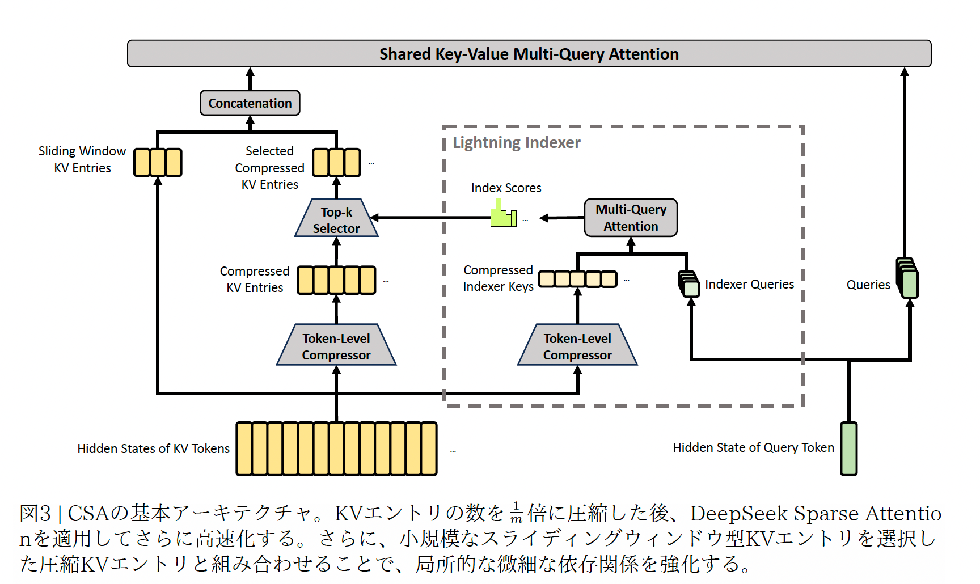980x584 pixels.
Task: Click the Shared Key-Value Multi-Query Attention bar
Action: click(x=529, y=54)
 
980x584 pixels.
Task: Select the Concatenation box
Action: click(x=250, y=103)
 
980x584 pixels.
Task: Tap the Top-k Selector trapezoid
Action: click(x=336, y=219)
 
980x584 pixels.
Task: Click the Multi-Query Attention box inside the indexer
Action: click(x=631, y=218)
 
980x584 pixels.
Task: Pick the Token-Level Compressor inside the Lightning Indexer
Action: click(x=577, y=346)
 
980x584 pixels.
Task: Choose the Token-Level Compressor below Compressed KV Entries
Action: click(x=336, y=346)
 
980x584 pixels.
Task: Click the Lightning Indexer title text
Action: click(x=516, y=142)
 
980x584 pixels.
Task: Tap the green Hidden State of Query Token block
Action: click(x=848, y=448)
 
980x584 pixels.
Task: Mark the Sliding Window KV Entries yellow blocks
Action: click(x=158, y=163)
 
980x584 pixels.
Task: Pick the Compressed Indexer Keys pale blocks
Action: click(x=577, y=279)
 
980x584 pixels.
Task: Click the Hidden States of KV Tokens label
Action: click(x=153, y=449)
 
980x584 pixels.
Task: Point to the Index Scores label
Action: click(x=506, y=188)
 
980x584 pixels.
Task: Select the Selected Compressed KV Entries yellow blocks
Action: click(x=336, y=163)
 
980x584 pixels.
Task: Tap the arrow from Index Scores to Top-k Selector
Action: click(x=431, y=218)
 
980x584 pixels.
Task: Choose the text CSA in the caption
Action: click(x=88, y=514)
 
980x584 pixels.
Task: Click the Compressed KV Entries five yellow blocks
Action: click(x=336, y=280)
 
